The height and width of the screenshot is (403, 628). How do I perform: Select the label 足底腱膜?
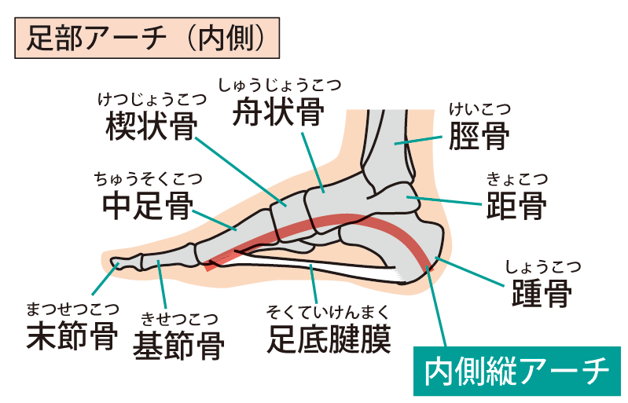[x=329, y=335]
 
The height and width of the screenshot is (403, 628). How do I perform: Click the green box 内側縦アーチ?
[x=516, y=371]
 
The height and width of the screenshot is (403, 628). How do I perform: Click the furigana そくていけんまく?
[x=329, y=309]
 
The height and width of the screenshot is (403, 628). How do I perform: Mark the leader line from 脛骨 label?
[x=421, y=140]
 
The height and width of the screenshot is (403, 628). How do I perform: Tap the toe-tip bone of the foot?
[x=118, y=263]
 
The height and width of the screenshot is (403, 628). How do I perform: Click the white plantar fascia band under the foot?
[x=330, y=267]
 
